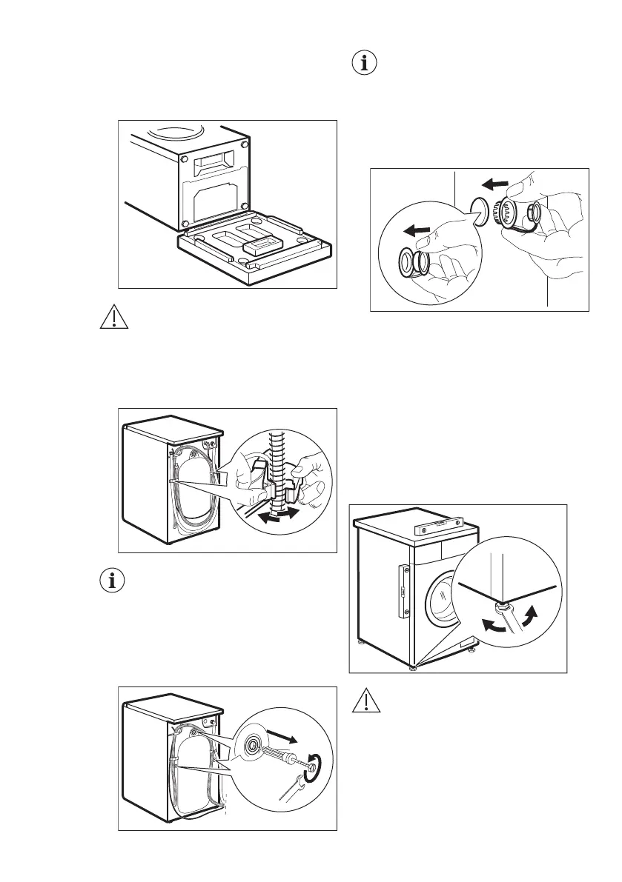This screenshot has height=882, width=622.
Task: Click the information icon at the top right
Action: tap(363, 64)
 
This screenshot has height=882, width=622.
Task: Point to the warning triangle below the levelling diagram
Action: tap(363, 701)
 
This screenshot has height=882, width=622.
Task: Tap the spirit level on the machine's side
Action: tap(404, 591)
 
